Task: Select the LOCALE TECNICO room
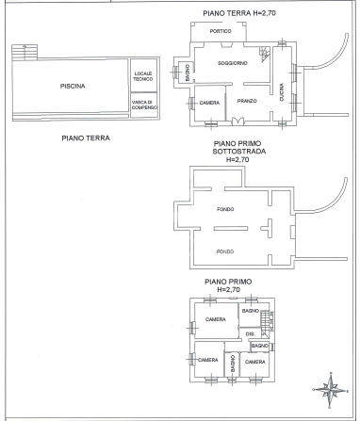tap(142, 75)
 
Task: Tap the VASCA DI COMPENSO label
tap(142, 104)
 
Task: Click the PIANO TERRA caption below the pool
tap(86, 138)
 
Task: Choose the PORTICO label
tap(221, 32)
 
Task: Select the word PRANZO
tap(248, 101)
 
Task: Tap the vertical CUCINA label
tap(281, 92)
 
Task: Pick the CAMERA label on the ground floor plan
tap(210, 102)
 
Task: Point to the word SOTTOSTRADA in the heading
tap(236, 151)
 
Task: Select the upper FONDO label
tap(224, 209)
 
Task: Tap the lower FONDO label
tap(224, 251)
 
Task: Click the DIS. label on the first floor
tap(251, 333)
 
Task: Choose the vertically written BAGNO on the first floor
tap(230, 364)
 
